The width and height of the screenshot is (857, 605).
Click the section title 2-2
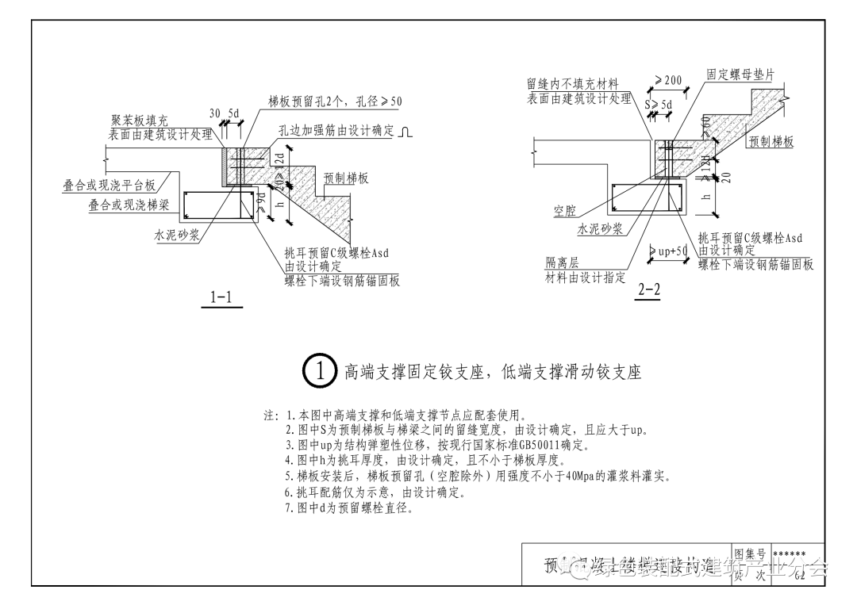tap(648, 289)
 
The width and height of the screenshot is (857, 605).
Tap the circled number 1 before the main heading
tap(318, 371)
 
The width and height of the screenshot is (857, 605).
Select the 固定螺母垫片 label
tap(740, 75)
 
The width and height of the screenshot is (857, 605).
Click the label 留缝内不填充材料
tap(572, 84)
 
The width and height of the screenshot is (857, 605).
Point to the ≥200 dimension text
tap(668, 81)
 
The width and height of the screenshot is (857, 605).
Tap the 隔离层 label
tap(561, 263)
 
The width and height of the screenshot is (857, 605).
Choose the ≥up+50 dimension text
tap(669, 251)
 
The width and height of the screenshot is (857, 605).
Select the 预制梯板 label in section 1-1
tap(346, 178)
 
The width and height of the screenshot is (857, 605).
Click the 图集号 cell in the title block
tap(750, 553)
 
